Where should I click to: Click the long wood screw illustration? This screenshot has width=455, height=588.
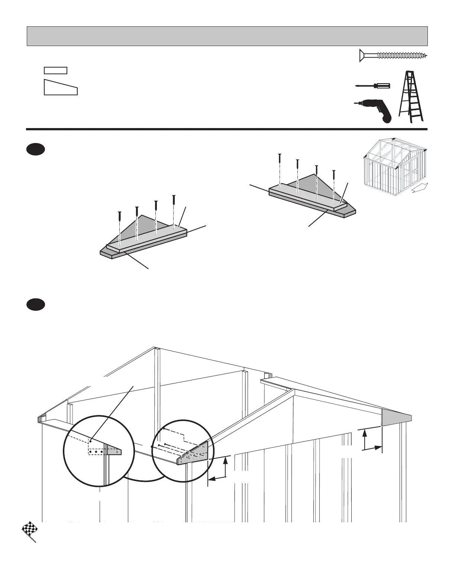click(x=393, y=56)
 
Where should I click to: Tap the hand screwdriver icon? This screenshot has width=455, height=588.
click(x=372, y=86)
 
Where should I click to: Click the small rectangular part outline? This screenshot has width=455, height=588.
click(x=55, y=71)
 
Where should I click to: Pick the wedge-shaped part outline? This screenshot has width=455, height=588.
click(x=61, y=88)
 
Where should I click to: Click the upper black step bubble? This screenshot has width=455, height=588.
click(x=36, y=150)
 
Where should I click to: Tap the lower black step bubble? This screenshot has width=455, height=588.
click(x=36, y=305)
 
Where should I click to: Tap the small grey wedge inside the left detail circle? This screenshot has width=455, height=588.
click(x=114, y=451)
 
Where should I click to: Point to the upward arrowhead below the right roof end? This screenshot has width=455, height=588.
click(x=365, y=432)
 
